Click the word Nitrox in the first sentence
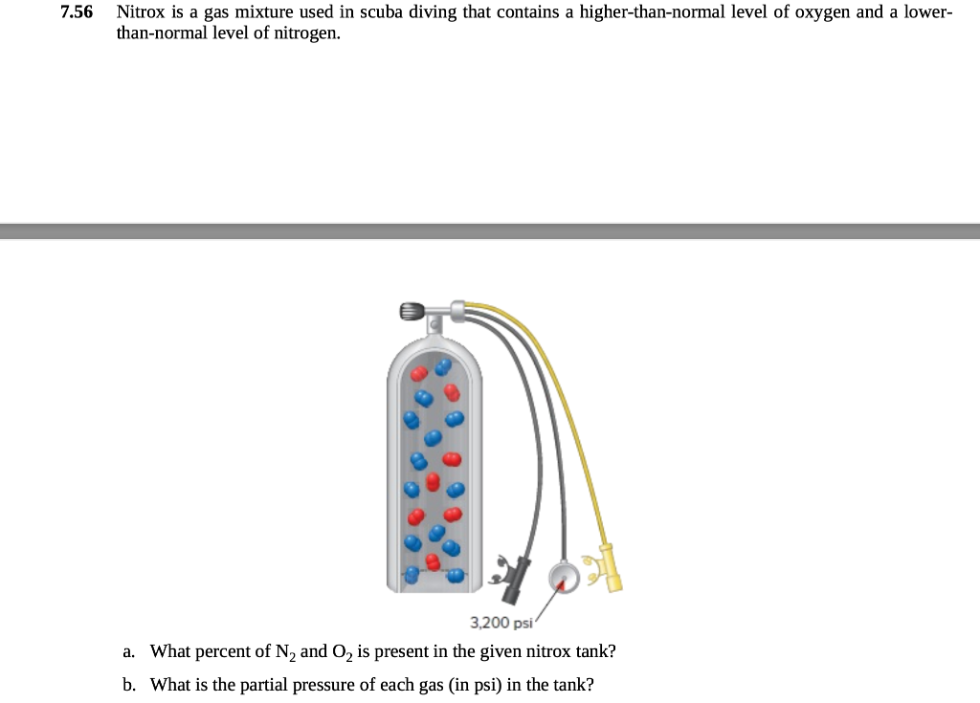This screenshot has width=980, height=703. click(139, 13)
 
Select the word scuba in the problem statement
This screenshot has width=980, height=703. click(379, 13)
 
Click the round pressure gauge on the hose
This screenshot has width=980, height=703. click(563, 577)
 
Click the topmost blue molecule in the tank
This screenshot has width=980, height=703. click(442, 366)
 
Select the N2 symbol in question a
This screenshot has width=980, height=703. click(285, 652)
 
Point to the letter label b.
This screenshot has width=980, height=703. click(128, 685)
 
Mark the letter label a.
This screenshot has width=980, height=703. click(128, 651)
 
